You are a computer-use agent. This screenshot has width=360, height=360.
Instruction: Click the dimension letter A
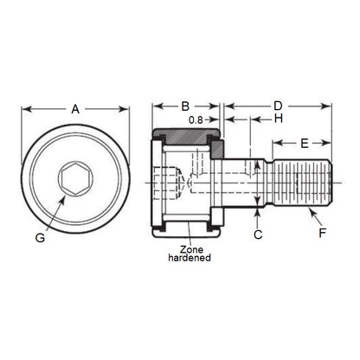(75, 109)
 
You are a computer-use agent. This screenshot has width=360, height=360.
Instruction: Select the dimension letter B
(184, 106)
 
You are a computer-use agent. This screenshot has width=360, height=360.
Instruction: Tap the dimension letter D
(277, 106)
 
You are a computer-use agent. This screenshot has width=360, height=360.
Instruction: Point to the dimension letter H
(280, 119)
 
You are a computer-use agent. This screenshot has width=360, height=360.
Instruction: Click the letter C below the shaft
(257, 235)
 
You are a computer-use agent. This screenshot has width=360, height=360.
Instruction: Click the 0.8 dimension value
(196, 119)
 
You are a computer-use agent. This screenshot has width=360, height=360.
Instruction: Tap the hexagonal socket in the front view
(73, 180)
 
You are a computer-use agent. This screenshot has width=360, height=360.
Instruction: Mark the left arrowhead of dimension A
(24, 109)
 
